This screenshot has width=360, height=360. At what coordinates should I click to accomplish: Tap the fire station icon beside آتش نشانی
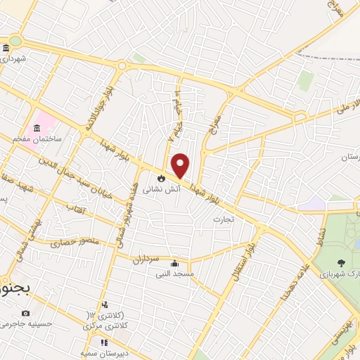(x=162, y=178)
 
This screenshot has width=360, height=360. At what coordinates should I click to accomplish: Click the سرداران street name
(x=148, y=258)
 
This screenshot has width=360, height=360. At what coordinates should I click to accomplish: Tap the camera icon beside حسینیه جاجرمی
(x=26, y=313)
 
